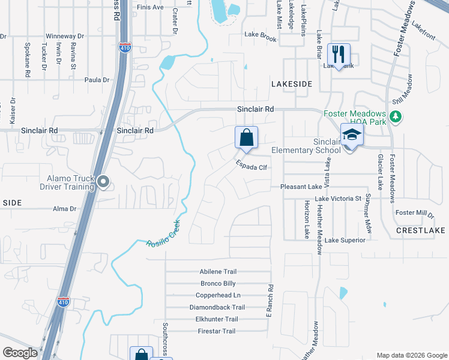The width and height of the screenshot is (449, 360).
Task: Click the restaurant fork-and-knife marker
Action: pyautogui.click(x=340, y=55)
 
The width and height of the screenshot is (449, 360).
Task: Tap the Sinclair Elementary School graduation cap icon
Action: pyautogui.click(x=352, y=136)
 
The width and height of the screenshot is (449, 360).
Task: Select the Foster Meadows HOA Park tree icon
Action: pyautogui.click(x=395, y=116)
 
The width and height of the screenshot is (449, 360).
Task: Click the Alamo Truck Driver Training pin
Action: pyautogui.click(x=103, y=181)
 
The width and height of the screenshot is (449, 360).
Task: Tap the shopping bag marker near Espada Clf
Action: pyautogui.click(x=246, y=138)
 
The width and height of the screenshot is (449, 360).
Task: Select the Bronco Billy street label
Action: pyautogui.click(x=218, y=283)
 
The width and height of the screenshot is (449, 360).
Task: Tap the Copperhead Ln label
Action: pyautogui.click(x=218, y=295)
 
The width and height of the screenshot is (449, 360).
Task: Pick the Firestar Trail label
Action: pyautogui.click(x=217, y=331)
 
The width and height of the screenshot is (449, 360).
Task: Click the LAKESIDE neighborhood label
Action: pyautogui.click(x=292, y=84)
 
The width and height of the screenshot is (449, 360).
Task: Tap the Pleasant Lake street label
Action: pyautogui.click(x=302, y=187)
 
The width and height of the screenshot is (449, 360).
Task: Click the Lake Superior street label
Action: pyautogui.click(x=345, y=240)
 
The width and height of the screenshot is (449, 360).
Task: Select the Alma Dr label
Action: pyautogui.click(x=65, y=209)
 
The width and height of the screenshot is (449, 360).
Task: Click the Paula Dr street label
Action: pyautogui.click(x=97, y=80)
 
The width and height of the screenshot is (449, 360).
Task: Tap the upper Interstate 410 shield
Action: pyautogui.click(x=124, y=47)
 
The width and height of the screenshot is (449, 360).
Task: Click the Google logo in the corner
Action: pyautogui.click(x=20, y=353)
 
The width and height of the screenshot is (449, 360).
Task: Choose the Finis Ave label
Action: pyautogui.click(x=150, y=7)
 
